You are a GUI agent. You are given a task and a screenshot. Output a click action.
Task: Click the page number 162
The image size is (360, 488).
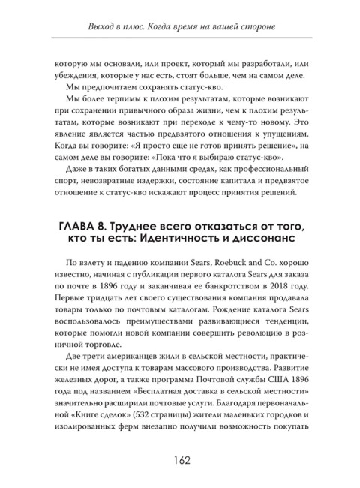[179, 460]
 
